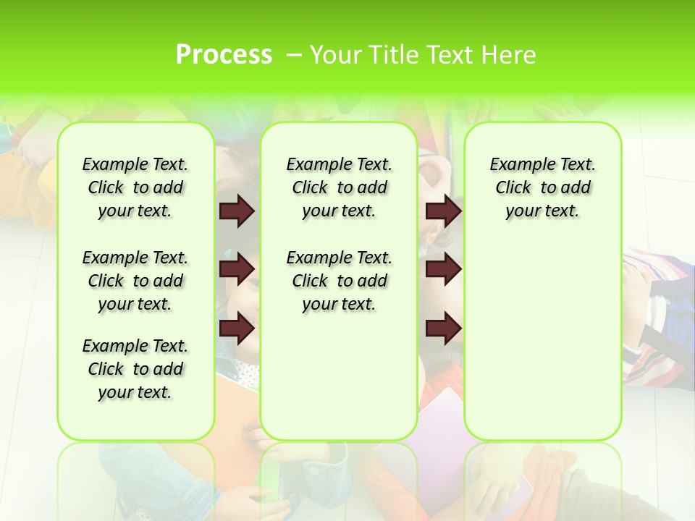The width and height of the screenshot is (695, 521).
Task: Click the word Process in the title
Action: tap(224, 55)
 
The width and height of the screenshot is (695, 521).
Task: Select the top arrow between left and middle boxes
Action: tap(236, 211)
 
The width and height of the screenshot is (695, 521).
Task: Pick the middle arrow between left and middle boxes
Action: tap(236, 269)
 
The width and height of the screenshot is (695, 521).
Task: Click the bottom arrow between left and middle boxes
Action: tap(236, 329)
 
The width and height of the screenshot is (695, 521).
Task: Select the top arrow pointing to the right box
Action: tap(443, 211)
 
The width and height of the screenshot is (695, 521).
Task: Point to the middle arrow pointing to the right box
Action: tap(443, 269)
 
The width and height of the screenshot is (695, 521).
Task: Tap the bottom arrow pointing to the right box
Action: tap(443, 329)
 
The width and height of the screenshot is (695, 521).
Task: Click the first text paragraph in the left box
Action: tap(135, 187)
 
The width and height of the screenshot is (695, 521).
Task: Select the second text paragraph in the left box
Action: tap(135, 281)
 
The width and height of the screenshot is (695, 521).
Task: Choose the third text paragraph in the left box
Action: tap(135, 369)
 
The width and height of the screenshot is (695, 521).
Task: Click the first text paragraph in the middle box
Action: tap(339, 187)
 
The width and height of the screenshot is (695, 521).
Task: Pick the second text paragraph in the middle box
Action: tap(339, 281)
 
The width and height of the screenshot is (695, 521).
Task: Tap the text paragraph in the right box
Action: tap(542, 187)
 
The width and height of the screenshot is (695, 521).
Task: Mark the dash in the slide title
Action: tap(294, 55)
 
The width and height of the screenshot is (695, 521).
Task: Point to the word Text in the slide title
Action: tap(449, 55)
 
